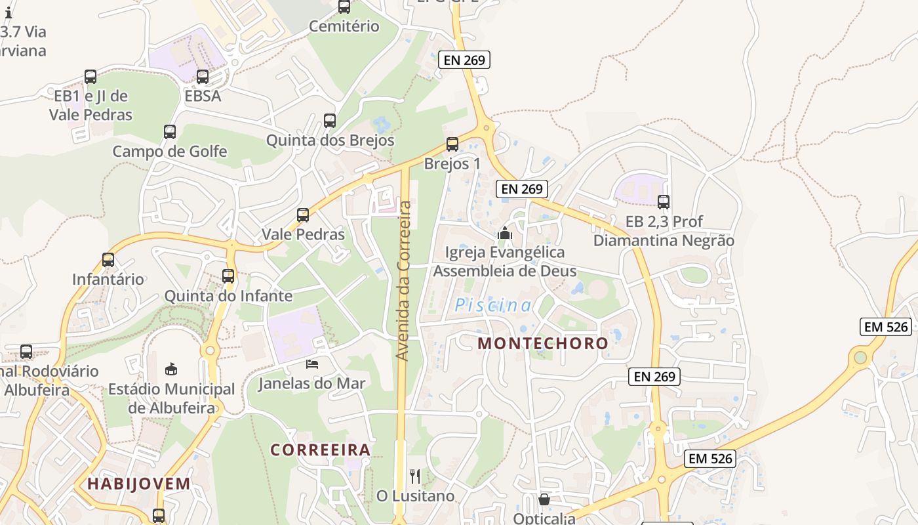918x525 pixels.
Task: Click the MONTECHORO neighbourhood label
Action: (x=543, y=343)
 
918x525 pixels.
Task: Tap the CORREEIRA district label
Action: (x=321, y=450)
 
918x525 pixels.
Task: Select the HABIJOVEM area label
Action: (x=139, y=484)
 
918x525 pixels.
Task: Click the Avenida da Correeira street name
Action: (x=404, y=281)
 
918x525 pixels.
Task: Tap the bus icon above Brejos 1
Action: (x=452, y=144)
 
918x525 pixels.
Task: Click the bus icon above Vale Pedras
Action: (x=303, y=215)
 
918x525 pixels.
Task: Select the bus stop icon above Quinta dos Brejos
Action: (x=330, y=121)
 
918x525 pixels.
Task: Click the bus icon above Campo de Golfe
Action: (x=170, y=132)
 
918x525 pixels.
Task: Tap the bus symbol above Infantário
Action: (x=108, y=260)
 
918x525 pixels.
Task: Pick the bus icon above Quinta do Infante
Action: (x=228, y=276)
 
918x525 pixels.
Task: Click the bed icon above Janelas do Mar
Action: (x=312, y=364)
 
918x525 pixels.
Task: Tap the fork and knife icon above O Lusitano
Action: (x=415, y=476)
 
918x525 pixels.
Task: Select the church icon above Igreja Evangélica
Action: (x=504, y=232)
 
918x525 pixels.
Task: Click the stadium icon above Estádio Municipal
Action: (x=171, y=369)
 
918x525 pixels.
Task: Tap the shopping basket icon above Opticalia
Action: (x=544, y=500)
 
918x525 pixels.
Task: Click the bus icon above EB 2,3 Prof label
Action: (x=664, y=202)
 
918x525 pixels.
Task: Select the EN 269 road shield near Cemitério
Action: (x=464, y=60)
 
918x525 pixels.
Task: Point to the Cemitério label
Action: (x=344, y=26)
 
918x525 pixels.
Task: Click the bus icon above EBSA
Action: (x=203, y=77)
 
